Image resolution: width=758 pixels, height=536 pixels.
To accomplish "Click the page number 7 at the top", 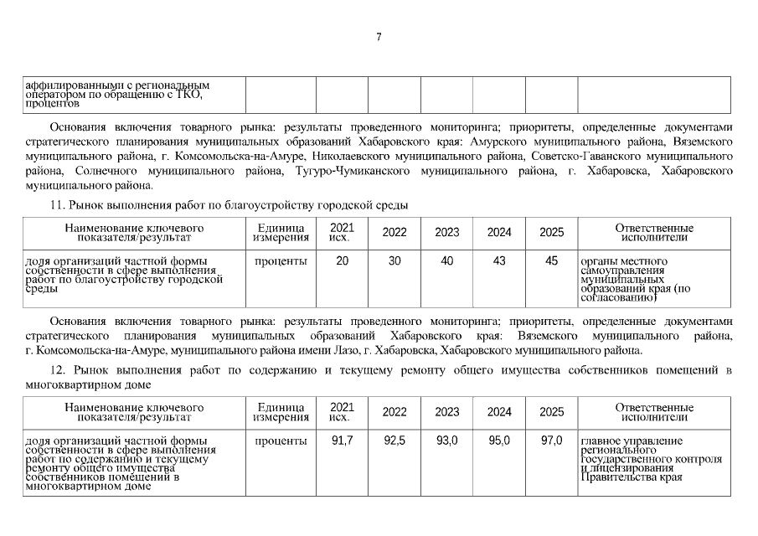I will (379, 37).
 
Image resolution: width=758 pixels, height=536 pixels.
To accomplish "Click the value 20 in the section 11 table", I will (343, 261).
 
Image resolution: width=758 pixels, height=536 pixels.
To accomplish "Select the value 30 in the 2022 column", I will (394, 261).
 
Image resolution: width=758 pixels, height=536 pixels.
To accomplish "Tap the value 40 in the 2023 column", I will (447, 261).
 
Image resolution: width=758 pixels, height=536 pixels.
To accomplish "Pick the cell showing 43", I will (499, 261).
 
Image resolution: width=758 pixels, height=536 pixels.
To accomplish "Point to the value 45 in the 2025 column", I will (551, 261).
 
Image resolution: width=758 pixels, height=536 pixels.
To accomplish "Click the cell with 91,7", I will (343, 441).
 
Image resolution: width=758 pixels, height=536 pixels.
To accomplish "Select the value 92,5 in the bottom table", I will (394, 441).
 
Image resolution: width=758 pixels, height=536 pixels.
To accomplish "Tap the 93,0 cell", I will (447, 441).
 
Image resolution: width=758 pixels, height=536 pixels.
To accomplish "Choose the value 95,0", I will (499, 441).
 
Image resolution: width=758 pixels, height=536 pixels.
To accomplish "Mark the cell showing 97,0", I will (551, 441).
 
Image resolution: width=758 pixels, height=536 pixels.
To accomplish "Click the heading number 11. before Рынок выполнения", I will (58, 205).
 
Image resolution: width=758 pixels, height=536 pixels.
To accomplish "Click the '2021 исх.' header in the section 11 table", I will (342, 232).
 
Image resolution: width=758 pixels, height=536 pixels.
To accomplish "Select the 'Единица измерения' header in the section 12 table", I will (281, 412).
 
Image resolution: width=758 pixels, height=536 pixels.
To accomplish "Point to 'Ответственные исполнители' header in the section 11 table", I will (653, 232).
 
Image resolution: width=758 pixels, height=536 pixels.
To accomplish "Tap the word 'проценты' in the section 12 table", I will (281, 441).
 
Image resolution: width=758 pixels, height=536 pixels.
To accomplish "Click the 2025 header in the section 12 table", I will (551, 412).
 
